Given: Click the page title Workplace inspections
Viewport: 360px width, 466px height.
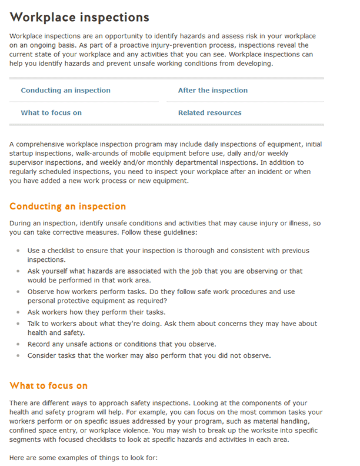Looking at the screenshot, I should (x=79, y=18).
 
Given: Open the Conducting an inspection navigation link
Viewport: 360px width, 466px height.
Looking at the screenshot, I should (x=65, y=91).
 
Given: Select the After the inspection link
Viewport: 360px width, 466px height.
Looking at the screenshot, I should (x=213, y=91).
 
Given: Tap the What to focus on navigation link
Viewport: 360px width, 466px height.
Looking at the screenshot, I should (x=51, y=113).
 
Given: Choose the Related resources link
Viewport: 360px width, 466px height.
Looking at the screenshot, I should (x=209, y=113).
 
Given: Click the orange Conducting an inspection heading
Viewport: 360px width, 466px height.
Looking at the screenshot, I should (x=68, y=207).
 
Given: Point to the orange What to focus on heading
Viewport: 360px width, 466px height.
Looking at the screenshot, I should (x=48, y=386).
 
